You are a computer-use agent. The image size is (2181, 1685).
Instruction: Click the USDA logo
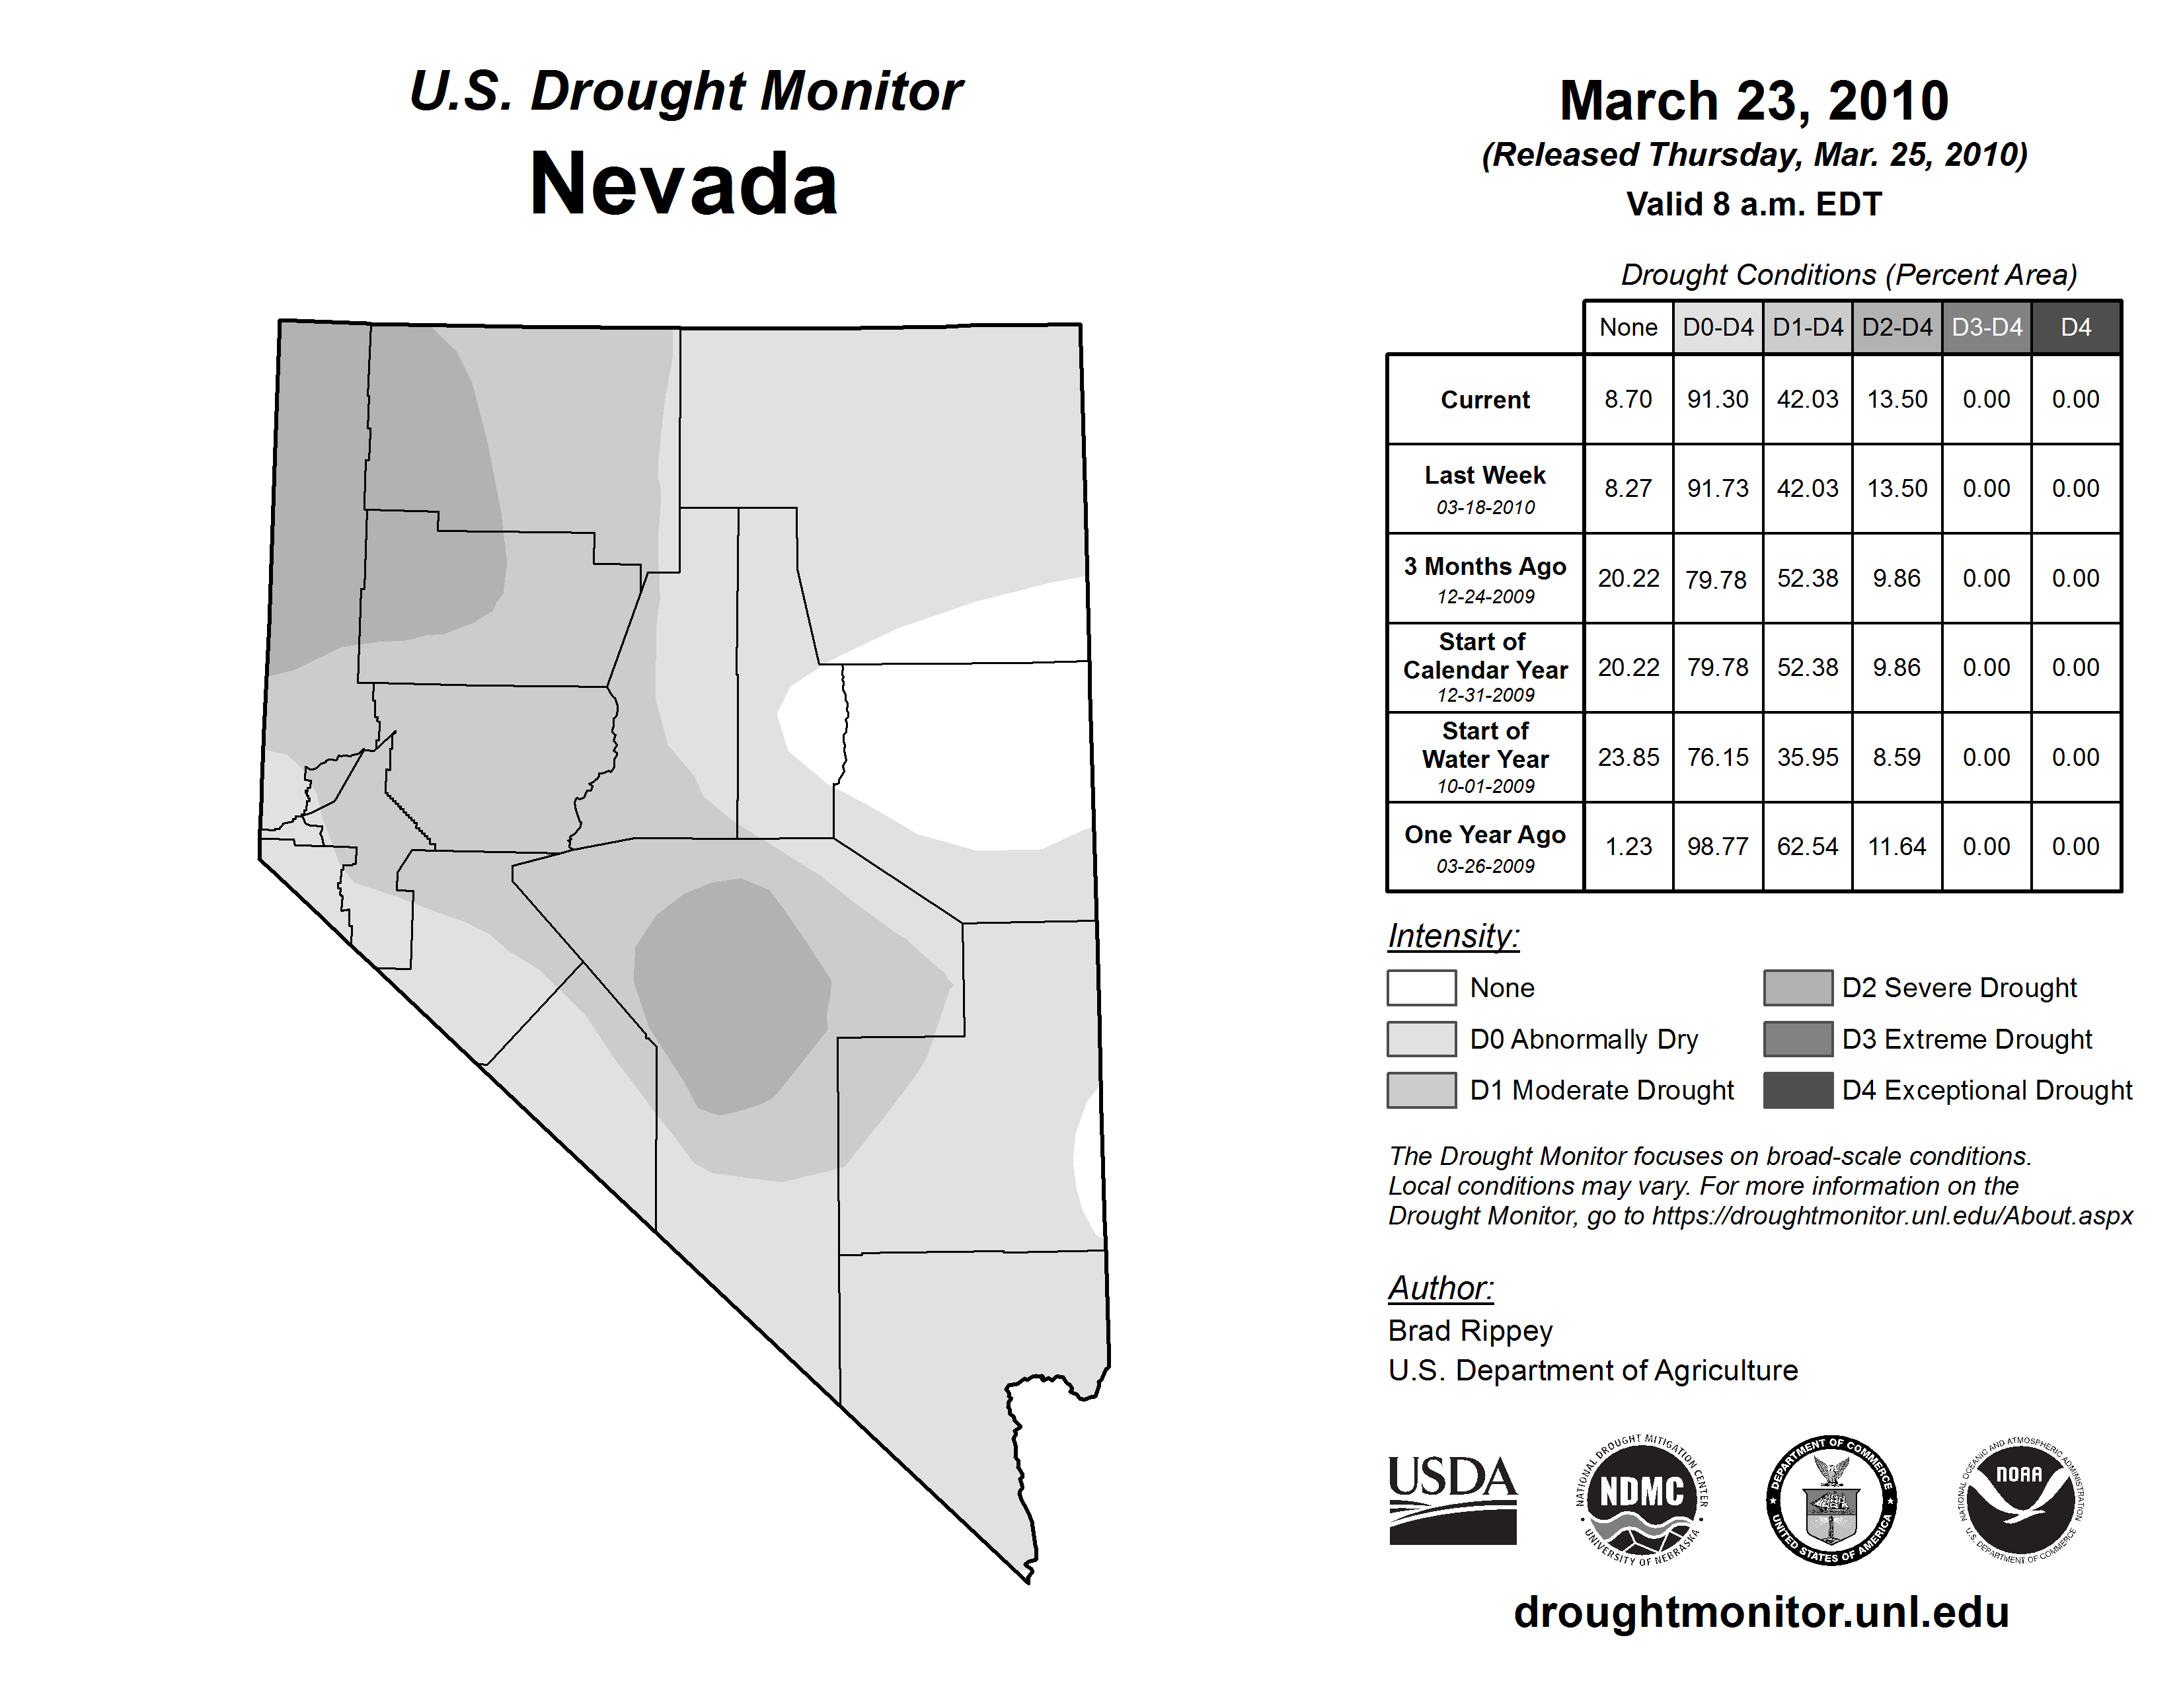pos(1452,1501)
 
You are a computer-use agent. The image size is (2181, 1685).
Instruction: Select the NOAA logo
pos(2019,1501)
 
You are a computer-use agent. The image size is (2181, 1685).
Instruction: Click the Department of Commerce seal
pos(1831,1501)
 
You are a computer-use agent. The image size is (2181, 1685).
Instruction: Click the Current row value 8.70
pos(1628,399)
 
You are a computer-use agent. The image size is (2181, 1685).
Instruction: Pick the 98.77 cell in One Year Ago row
pos(1718,846)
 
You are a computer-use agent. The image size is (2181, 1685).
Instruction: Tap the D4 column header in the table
pos(2075,327)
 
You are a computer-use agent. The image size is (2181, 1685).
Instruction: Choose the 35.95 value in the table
pos(1808,758)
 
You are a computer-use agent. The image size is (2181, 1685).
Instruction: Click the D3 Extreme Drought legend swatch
pos(1798,1039)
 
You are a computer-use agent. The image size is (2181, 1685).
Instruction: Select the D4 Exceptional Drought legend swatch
pos(1798,1090)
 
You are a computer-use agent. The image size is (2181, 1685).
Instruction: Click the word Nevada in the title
pos(684,184)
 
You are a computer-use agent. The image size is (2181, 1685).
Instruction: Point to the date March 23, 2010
pos(1753,101)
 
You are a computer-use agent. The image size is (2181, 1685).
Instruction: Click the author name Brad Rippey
pos(1470,1331)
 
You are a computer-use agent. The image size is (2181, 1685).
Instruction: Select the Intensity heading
pos(1453,936)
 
